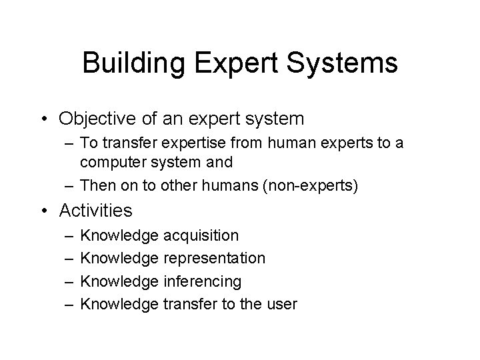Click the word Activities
tap(95, 211)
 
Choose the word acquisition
tap(200, 235)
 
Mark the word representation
tap(214, 258)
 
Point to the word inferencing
tap(202, 281)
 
